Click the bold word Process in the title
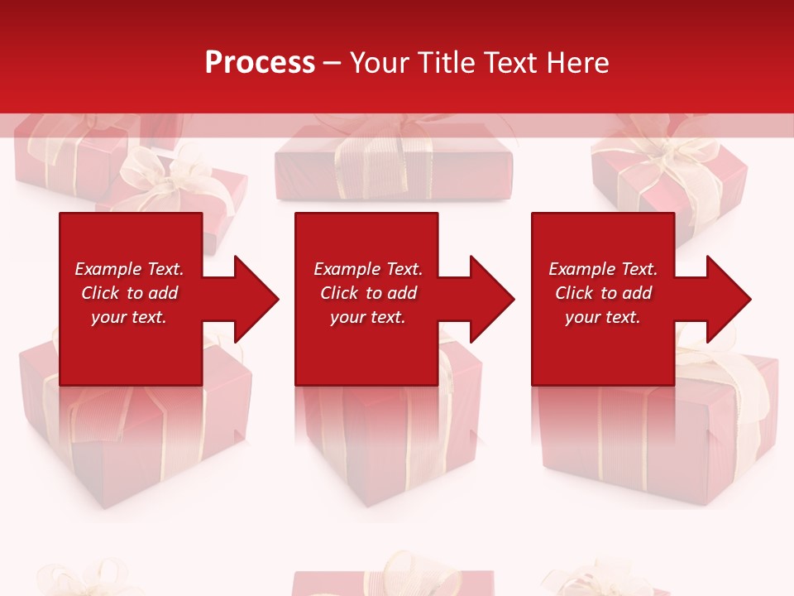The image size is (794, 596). click(x=260, y=63)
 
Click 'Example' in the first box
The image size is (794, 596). click(x=106, y=269)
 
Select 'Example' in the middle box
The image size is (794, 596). click(x=345, y=269)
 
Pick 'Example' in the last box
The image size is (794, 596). click(x=580, y=269)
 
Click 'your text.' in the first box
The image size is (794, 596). click(x=128, y=317)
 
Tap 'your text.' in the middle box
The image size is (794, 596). click(x=367, y=317)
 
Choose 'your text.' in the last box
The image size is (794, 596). click(x=602, y=317)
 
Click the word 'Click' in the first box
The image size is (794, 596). click(x=100, y=293)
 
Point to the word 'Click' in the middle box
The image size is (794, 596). click(x=339, y=293)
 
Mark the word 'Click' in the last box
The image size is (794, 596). click(x=574, y=293)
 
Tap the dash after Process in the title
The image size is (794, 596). click(x=332, y=63)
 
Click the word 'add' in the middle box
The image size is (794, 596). click(x=402, y=293)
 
